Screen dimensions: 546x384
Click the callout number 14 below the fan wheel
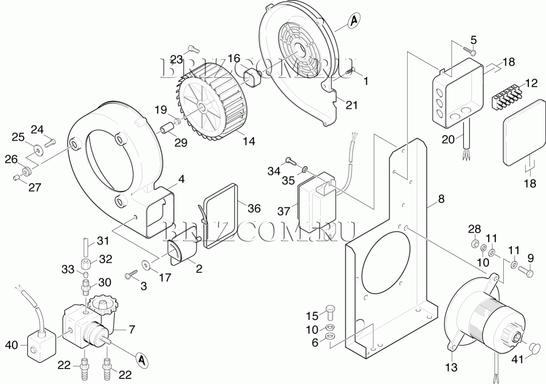[x=249, y=141]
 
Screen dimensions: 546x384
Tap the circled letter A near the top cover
[x=354, y=21]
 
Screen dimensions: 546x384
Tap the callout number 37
[x=284, y=211]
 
